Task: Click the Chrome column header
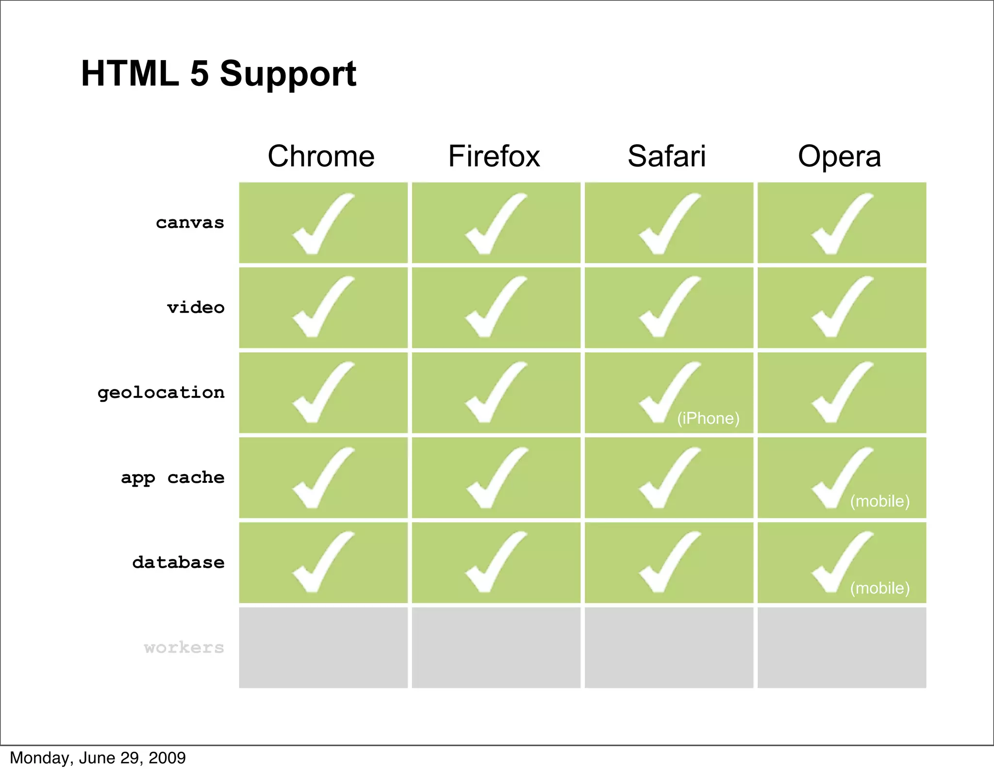pos(321,156)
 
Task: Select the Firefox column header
pos(494,156)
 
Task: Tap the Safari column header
pos(666,156)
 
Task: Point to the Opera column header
pos(839,156)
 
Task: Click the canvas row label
pos(190,223)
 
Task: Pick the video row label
pos(196,308)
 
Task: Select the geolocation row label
pos(161,393)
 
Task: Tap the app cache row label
pos(173,478)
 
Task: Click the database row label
pos(178,562)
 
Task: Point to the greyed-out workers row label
pos(184,647)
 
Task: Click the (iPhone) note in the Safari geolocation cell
pos(708,418)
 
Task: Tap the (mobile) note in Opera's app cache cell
pos(879,501)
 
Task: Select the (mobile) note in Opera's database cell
pos(879,588)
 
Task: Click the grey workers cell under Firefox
pos(496,647)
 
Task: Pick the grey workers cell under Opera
pos(842,647)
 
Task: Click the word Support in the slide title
pos(288,74)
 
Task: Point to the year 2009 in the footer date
pos(167,758)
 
